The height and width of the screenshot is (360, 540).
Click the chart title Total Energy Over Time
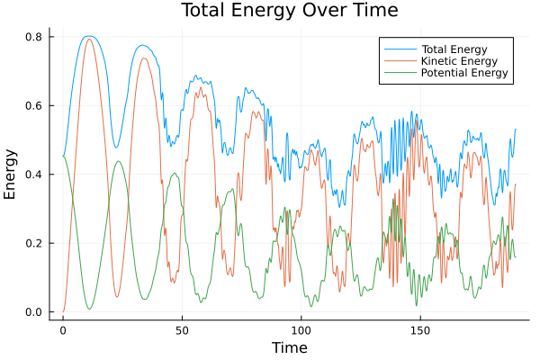click(269, 11)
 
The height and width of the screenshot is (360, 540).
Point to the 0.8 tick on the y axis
click(33, 37)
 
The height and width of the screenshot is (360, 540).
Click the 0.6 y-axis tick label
click(33, 105)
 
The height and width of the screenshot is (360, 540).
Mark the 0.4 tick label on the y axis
click(33, 175)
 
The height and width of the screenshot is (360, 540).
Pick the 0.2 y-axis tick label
click(33, 243)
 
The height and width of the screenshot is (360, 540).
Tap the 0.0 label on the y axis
click(33, 312)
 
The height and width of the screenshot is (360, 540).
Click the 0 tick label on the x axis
click(63, 330)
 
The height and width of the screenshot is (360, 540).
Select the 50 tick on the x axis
click(182, 330)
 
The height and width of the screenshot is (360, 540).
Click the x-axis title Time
click(289, 347)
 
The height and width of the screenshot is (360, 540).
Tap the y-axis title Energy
click(12, 175)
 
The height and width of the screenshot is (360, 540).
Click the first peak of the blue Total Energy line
click(87, 36)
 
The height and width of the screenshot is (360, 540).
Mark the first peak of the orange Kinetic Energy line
click(88, 39)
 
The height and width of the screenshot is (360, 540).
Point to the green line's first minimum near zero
click(89, 309)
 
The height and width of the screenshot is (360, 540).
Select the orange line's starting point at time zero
click(63, 311)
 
